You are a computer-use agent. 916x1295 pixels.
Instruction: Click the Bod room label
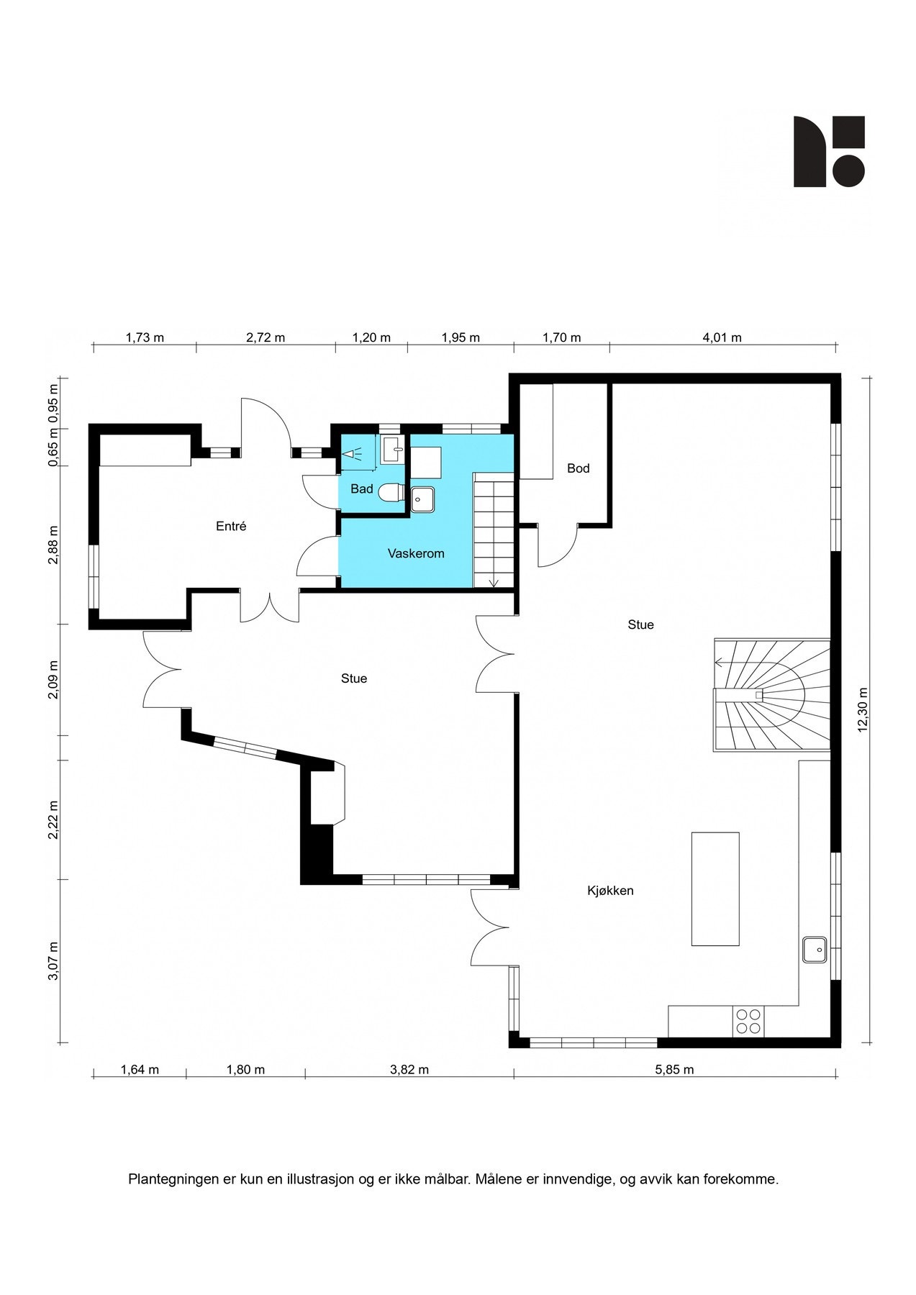578,468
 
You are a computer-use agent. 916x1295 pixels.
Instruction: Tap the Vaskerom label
416,554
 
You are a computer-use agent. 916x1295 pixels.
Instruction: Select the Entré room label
231,527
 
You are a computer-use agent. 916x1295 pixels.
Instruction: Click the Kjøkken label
610,891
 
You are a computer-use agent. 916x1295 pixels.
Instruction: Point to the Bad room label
362,489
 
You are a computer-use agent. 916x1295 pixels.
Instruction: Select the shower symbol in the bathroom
353,454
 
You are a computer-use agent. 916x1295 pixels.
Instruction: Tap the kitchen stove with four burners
748,1021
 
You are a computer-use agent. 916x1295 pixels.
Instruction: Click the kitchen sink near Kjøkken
815,949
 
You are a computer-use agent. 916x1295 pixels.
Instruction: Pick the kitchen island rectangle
715,889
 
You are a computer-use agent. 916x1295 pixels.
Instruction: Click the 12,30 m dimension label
863,710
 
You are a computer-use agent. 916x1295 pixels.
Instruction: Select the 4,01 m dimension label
722,337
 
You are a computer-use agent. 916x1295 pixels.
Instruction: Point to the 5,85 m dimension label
674,1070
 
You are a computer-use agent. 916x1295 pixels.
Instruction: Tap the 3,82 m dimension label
409,1070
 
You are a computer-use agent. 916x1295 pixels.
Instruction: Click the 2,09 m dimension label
53,680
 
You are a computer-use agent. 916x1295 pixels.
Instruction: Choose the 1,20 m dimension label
371,337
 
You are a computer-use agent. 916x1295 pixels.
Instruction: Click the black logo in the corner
829,151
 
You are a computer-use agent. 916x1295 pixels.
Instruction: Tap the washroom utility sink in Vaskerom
423,499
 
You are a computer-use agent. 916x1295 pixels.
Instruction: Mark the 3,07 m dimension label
53,960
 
